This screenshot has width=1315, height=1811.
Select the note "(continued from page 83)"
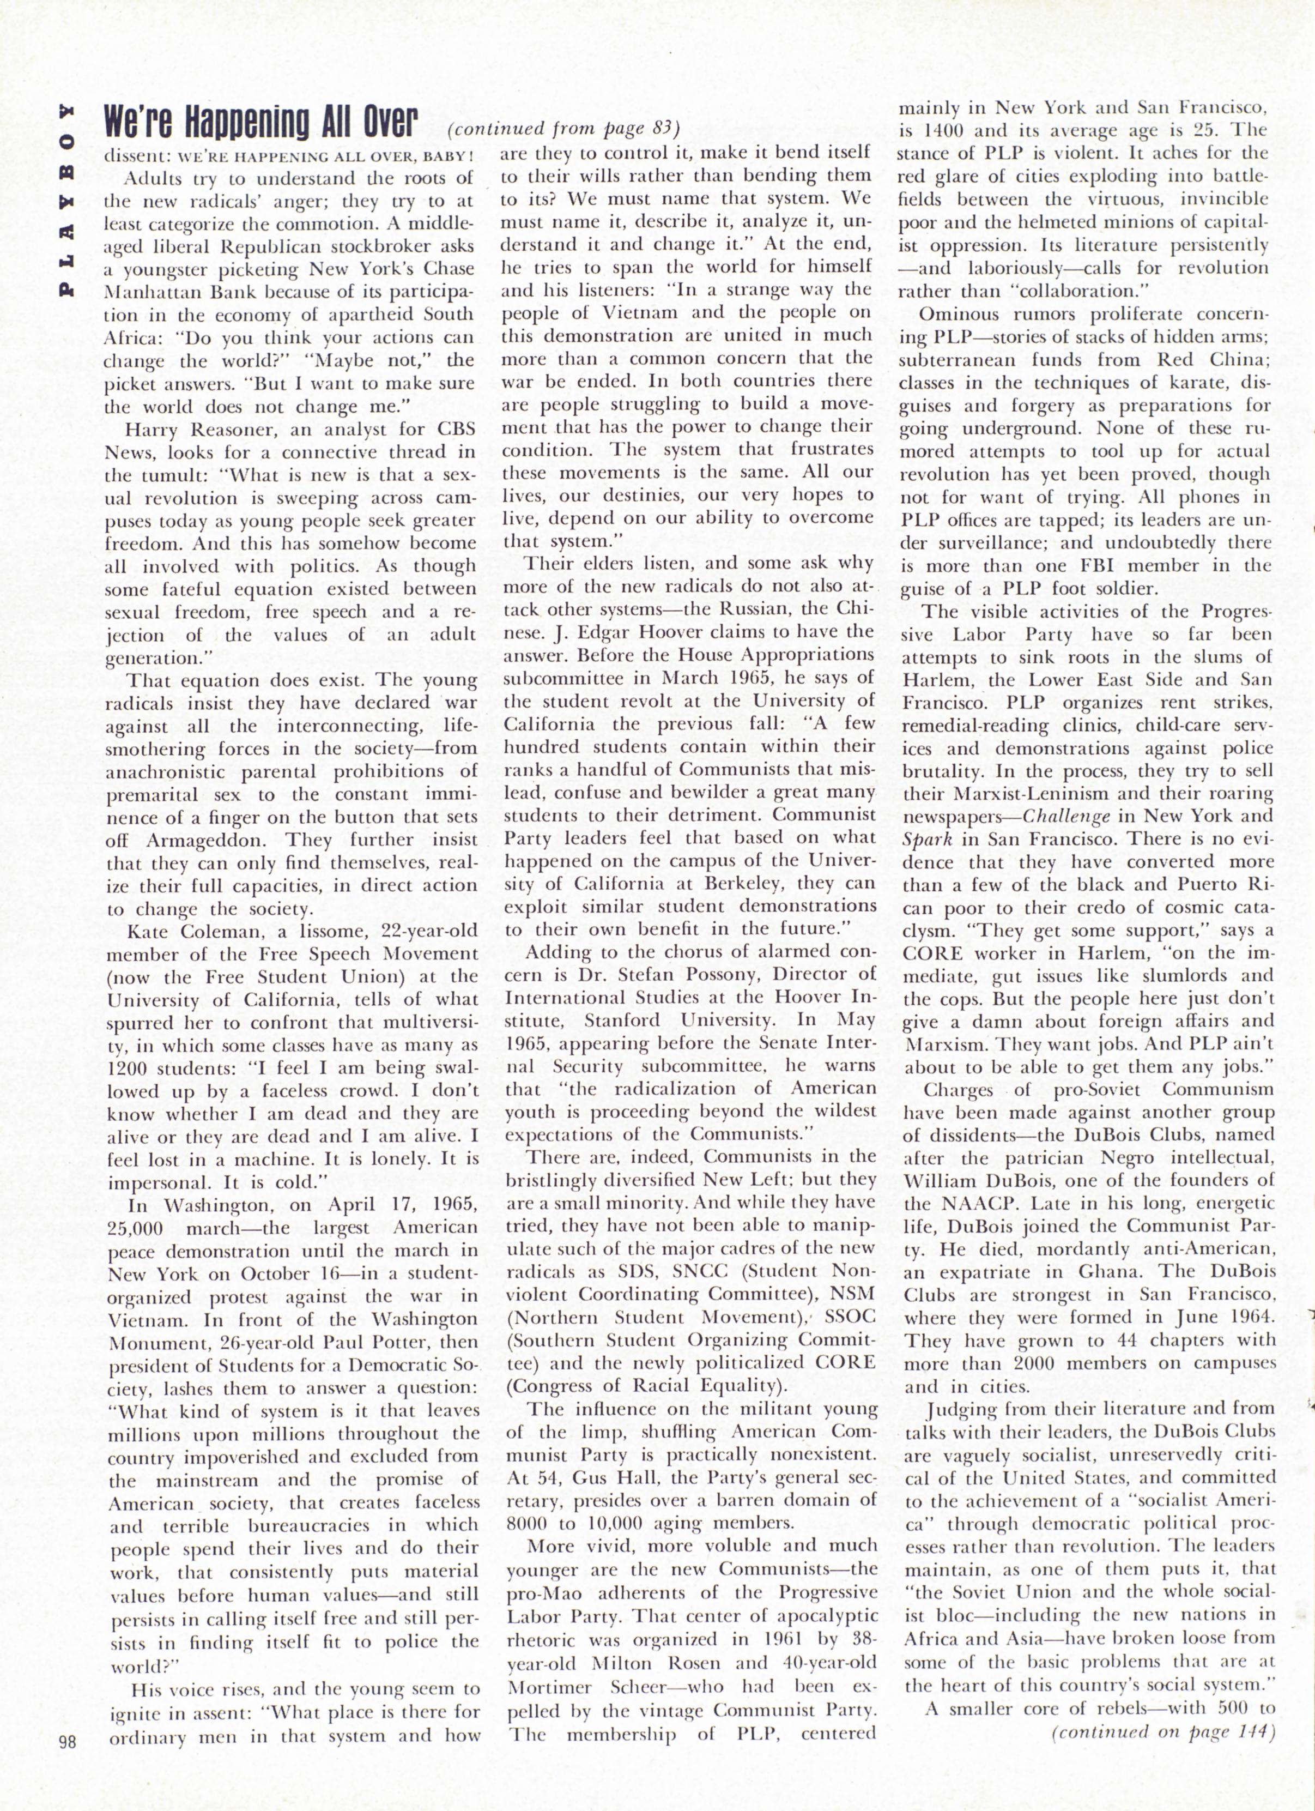tap(563, 129)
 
